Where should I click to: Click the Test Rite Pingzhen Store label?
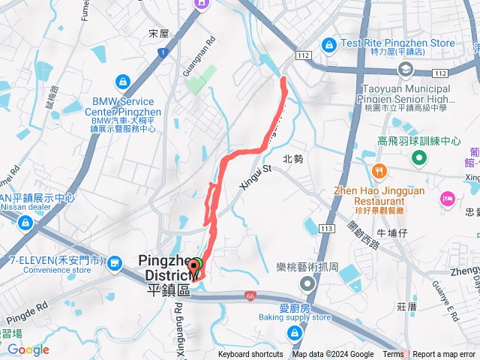click(x=397, y=43)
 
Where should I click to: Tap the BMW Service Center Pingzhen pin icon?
click(x=122, y=81)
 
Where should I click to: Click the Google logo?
click(x=28, y=349)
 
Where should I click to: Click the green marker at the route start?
click(x=195, y=265)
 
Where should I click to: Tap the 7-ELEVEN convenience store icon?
click(x=115, y=263)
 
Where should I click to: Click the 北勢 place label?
click(x=293, y=159)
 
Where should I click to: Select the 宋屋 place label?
click(x=159, y=34)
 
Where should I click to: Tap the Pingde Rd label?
click(x=30, y=307)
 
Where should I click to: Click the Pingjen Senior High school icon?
click(x=406, y=70)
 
